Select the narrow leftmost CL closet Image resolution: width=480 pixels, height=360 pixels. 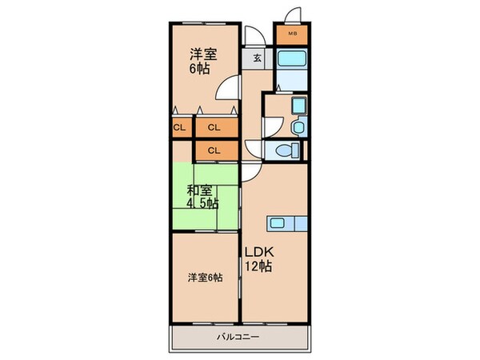(179, 127)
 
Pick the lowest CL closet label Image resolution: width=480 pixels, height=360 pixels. (214, 150)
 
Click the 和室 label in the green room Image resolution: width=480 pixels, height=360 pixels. (200, 190)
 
